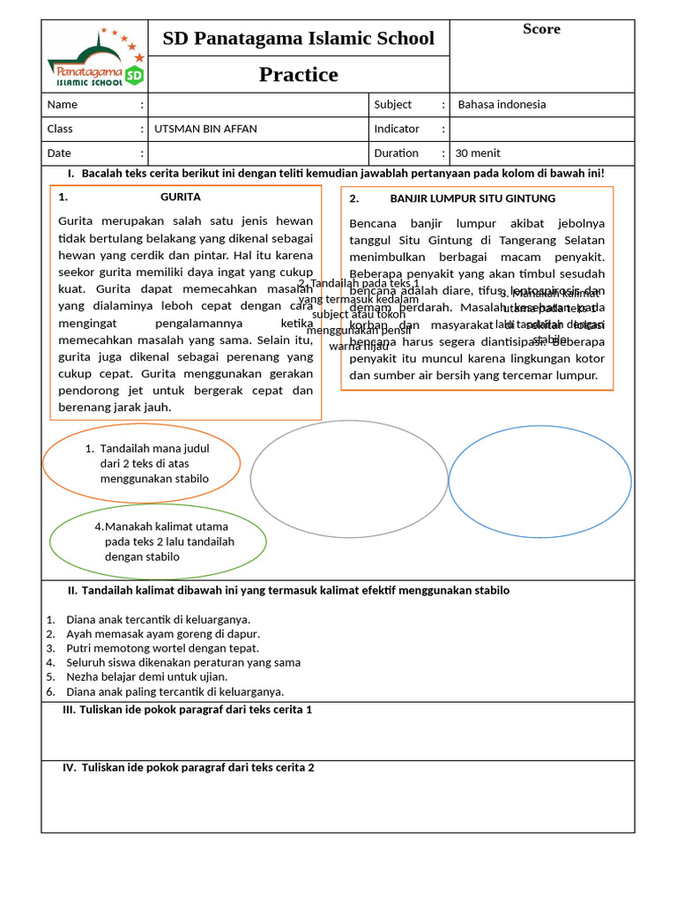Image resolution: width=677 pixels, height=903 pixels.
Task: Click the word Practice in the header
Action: [298, 75]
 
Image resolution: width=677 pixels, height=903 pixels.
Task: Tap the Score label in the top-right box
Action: [541, 29]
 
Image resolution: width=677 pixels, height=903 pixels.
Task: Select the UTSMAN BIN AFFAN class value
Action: [206, 129]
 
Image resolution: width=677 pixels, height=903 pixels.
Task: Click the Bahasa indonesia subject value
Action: [502, 104]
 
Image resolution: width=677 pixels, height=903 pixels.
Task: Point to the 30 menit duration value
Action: [477, 153]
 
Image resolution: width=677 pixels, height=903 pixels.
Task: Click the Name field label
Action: [63, 104]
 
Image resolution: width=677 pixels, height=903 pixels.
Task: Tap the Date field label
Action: [60, 153]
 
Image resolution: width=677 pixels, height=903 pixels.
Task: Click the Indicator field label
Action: [397, 129]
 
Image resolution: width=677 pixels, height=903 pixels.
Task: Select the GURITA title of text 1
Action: [181, 197]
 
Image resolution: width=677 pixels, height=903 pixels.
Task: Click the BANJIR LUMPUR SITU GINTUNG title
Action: [472, 198]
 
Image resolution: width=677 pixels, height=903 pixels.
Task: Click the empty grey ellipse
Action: [349, 478]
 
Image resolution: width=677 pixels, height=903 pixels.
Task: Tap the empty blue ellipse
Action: [539, 481]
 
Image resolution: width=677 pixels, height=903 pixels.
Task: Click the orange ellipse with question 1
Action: [141, 464]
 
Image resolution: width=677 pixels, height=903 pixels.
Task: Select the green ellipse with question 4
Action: [158, 541]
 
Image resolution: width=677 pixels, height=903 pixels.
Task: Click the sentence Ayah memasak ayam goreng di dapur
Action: [163, 633]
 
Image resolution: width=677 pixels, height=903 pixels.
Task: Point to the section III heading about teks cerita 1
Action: [188, 710]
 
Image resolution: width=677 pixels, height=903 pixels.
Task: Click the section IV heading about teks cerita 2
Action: [189, 768]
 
